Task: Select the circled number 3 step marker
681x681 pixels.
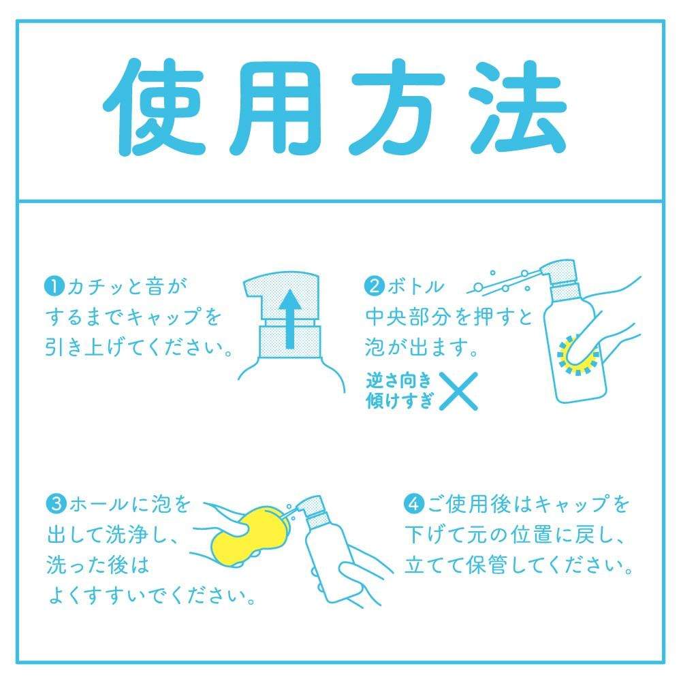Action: pyautogui.click(x=54, y=506)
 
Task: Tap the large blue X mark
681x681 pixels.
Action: pyautogui.click(x=457, y=391)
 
